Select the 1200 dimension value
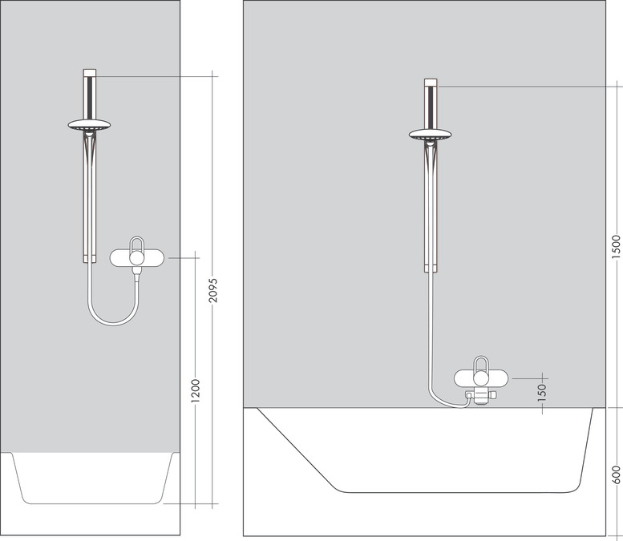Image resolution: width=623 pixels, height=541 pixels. [x=196, y=390]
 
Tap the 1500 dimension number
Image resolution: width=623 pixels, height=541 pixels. [x=616, y=244]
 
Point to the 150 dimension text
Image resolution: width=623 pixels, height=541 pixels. [x=541, y=391]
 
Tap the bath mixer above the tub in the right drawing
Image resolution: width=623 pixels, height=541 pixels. [x=481, y=378]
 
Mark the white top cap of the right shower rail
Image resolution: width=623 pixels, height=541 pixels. [x=431, y=83]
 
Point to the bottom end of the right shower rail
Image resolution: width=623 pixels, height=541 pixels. [x=431, y=270]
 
